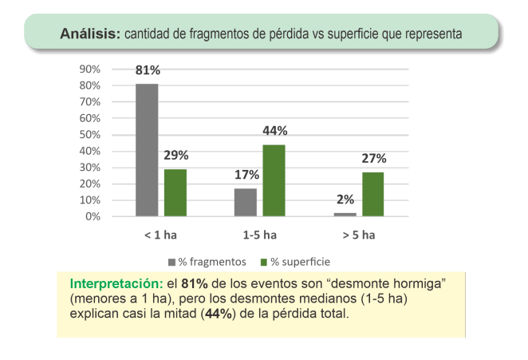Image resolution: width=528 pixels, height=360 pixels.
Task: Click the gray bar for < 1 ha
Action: pyautogui.click(x=147, y=149)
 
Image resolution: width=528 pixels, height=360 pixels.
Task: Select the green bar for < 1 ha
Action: pyautogui.click(x=175, y=192)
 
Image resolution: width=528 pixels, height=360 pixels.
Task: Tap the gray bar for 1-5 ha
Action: pyautogui.click(x=246, y=202)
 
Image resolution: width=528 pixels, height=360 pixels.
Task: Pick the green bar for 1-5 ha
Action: pyautogui.click(x=274, y=180)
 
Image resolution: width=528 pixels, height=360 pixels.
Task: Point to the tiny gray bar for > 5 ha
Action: pyautogui.click(x=345, y=214)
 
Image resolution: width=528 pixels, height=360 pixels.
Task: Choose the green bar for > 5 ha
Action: pyautogui.click(x=372, y=194)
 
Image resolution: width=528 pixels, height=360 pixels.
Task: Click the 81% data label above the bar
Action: pyautogui.click(x=147, y=72)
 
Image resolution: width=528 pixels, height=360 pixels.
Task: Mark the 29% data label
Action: pyautogui.click(x=176, y=156)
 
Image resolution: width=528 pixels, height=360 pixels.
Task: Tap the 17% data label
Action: pyautogui.click(x=246, y=176)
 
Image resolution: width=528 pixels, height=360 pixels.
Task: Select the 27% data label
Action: pyautogui.click(x=373, y=159)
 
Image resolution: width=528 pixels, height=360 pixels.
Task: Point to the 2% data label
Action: pyautogui.click(x=345, y=200)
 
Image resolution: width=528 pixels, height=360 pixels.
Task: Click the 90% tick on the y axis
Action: pyautogui.click(x=89, y=69)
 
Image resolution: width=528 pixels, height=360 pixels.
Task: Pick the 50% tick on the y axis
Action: pyautogui.click(x=89, y=134)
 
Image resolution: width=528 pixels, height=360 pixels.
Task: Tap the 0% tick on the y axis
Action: pyautogui.click(x=93, y=216)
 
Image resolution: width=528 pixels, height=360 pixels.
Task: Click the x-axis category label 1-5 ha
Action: pyautogui.click(x=260, y=235)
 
